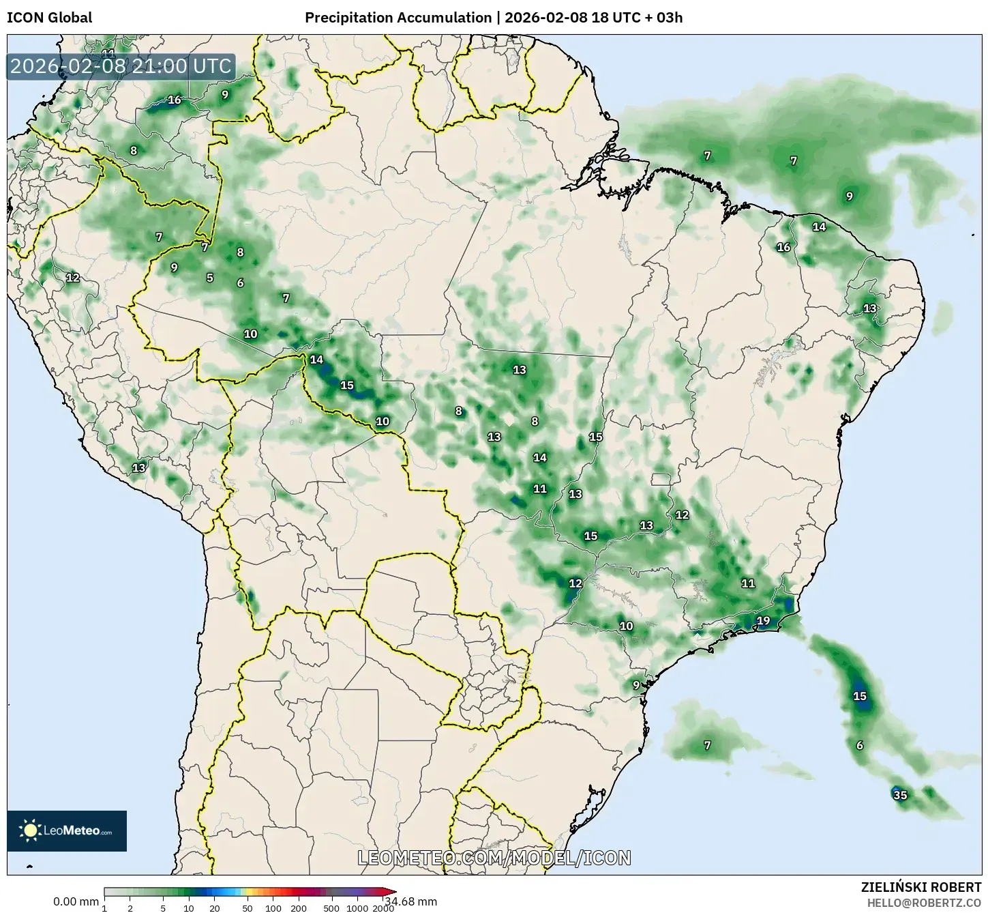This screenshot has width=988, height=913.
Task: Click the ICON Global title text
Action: [x=49, y=18]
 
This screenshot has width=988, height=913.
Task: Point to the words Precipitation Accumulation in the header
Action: [x=398, y=18]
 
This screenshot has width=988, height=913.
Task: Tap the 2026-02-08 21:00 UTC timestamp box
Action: [x=121, y=66]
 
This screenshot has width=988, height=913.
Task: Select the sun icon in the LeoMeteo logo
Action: [x=30, y=830]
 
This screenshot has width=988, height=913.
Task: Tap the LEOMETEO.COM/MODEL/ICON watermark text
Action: [x=494, y=858]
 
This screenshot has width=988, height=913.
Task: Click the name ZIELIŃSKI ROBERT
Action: [x=921, y=888]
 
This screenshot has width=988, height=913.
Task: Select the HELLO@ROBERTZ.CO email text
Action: [x=924, y=903]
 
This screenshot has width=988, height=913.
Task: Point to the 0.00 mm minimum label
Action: [x=76, y=901]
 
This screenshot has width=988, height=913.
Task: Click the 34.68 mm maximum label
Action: [x=410, y=901]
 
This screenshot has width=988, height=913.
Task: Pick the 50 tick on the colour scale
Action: [x=248, y=908]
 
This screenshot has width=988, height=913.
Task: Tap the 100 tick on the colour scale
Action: [x=273, y=908]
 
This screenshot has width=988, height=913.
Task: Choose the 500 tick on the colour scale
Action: [x=331, y=908]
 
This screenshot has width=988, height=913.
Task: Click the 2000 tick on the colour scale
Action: [x=383, y=908]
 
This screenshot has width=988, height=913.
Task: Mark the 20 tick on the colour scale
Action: [x=215, y=908]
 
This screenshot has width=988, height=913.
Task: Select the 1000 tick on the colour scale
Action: [x=357, y=908]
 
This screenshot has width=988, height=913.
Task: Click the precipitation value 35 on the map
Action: [x=900, y=795]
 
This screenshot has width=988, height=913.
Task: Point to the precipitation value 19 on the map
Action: [x=763, y=620]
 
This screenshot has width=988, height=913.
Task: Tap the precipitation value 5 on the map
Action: [x=210, y=278]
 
